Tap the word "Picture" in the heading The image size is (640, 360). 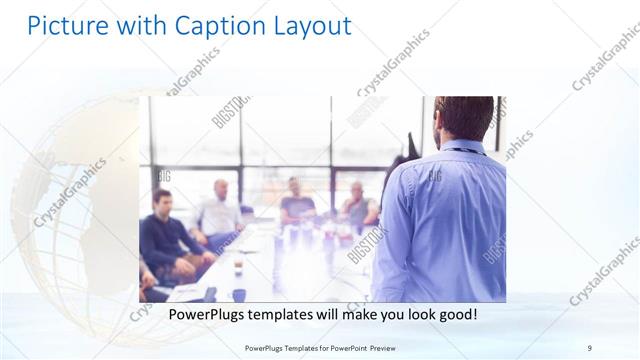(65, 25)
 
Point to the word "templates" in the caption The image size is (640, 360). (286, 314)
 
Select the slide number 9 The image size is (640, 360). (589, 347)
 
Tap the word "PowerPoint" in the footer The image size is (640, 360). (343, 347)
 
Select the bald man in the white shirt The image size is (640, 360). (219, 210)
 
